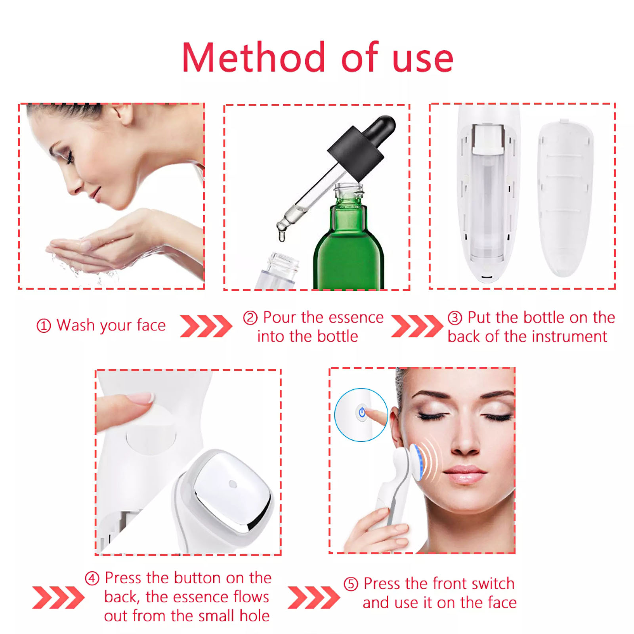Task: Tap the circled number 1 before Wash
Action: point(44,326)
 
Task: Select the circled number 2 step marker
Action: point(250,318)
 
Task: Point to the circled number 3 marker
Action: point(454,318)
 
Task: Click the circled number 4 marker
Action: point(92,579)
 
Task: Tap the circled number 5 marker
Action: point(351,584)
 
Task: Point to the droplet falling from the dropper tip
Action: point(282,236)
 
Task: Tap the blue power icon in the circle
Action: point(362,412)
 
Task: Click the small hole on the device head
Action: point(233,484)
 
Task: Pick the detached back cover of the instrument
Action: point(565,198)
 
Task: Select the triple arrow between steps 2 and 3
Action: point(417,326)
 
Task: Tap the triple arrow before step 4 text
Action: point(58,598)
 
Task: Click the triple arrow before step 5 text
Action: point(314,598)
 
